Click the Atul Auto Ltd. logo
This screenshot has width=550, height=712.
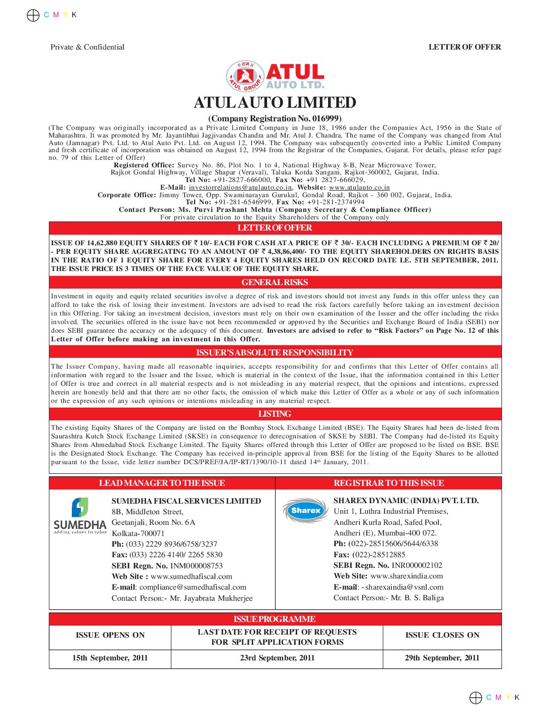274,76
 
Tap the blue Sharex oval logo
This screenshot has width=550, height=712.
305,511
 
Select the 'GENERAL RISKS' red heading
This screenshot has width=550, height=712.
274,282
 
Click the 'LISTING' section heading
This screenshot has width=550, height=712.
274,414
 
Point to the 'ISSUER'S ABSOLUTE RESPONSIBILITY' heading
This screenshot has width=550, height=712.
274,352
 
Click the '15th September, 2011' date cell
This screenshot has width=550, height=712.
110,658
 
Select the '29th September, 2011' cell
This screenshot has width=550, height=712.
442,658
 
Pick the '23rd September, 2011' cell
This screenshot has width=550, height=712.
277,658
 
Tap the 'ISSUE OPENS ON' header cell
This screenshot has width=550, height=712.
110,635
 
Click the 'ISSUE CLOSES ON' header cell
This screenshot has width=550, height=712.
442,635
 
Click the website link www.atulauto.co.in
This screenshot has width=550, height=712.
359,188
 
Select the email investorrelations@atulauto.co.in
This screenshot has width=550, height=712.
240,188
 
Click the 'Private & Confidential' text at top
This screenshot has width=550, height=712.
87,47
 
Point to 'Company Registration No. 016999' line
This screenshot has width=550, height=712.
274,118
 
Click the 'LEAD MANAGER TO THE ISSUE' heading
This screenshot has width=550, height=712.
162,483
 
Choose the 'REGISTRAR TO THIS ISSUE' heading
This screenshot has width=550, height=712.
388,483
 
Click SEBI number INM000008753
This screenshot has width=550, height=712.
196,566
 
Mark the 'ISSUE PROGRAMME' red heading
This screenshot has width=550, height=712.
274,619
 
